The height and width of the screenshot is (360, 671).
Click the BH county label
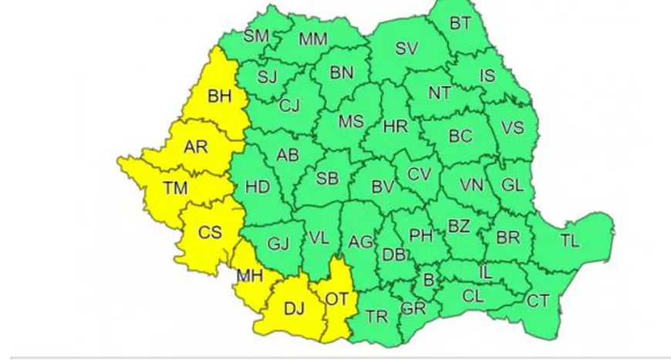(220, 97)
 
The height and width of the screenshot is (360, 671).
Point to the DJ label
(294, 309)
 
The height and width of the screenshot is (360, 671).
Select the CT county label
(538, 300)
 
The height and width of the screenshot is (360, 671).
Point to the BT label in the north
(460, 24)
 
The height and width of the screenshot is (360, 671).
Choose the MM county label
(313, 39)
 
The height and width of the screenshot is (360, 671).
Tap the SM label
(256, 35)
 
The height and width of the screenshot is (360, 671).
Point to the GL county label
(511, 186)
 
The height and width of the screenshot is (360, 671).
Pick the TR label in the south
(376, 316)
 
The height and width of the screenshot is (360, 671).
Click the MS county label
(351, 122)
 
